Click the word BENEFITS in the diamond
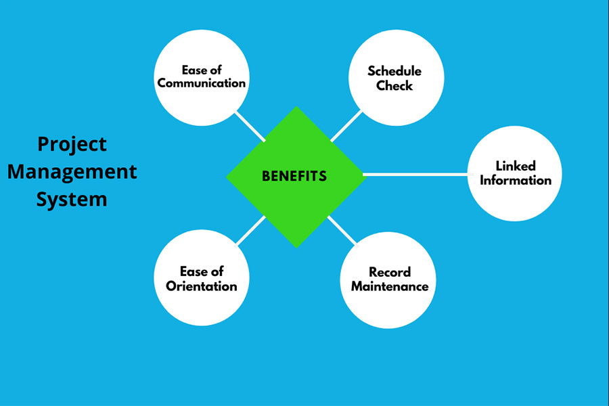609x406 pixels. pos(294,177)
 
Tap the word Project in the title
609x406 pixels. pos(72,144)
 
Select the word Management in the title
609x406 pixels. pos(72,171)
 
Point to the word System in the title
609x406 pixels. pos(72,200)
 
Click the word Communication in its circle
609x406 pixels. pos(202,83)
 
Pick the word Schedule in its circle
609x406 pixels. pos(394,71)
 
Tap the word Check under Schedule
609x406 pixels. pos(394,86)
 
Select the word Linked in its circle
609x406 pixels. pos(516,166)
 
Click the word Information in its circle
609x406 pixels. pos(516,180)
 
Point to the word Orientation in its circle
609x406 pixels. pos(202,286)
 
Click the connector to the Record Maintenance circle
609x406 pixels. pos(342,231)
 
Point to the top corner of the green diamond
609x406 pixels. pos(296,108)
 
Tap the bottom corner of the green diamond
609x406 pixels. pos(296,246)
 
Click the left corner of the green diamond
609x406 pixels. pos(227,177)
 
